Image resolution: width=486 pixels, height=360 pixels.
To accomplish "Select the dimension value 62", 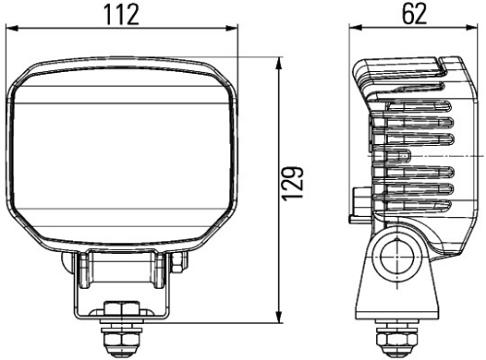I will coord(411,14).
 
